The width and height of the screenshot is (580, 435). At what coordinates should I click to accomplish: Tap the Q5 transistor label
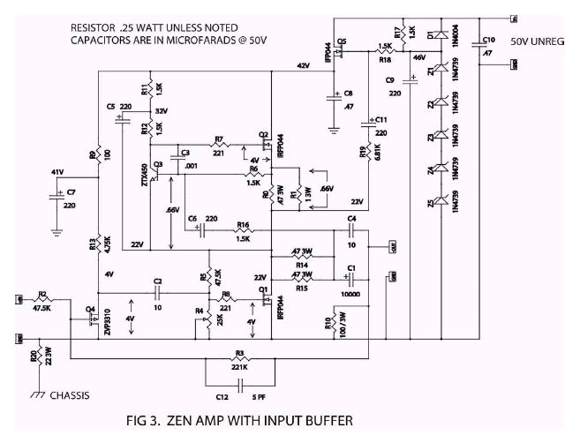pos(343,42)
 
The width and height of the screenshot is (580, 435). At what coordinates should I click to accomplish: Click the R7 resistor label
pos(218,139)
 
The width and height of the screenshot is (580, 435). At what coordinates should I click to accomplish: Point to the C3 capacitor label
pos(184,154)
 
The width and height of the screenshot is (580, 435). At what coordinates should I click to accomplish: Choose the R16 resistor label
pos(243,226)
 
